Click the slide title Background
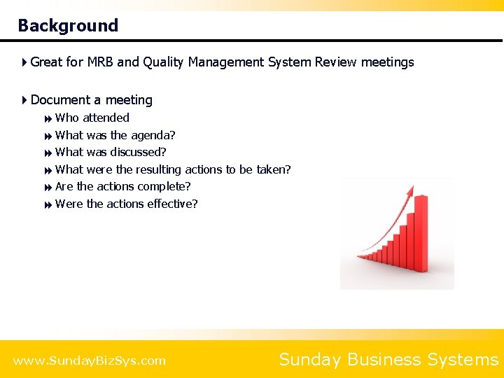click(68, 26)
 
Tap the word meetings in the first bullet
click(387, 62)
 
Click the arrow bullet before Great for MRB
click(24, 62)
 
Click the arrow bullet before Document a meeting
click(24, 100)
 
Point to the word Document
click(59, 100)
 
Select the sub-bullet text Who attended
click(92, 118)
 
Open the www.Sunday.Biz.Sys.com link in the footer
click(90, 360)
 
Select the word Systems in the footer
click(463, 360)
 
